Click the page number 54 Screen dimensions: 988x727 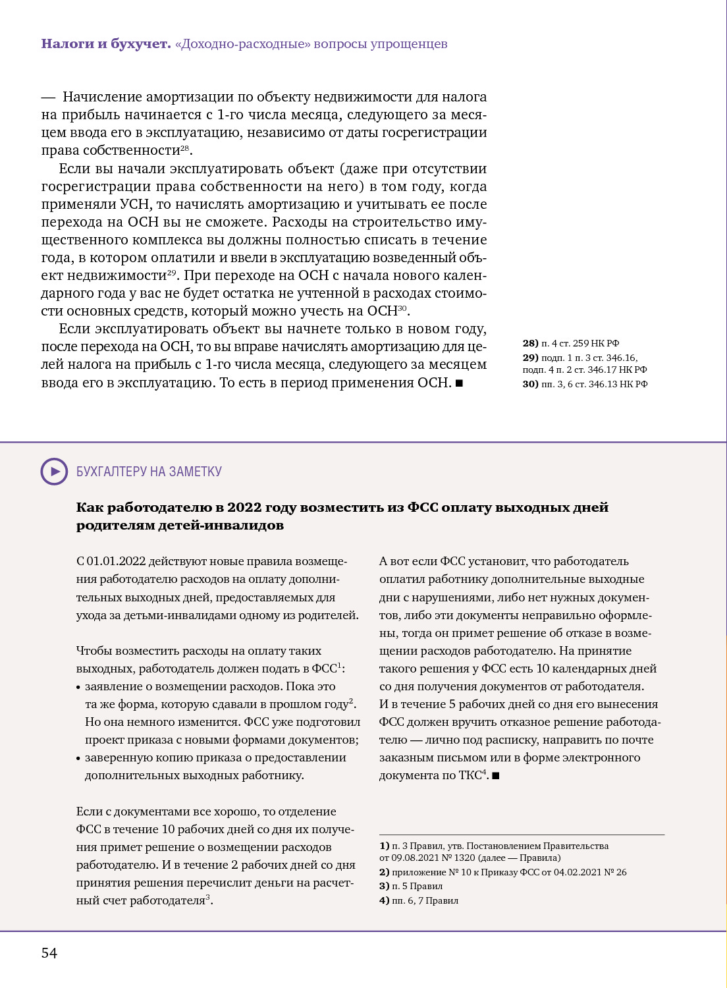[x=49, y=953]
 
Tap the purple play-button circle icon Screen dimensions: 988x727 [x=54, y=472]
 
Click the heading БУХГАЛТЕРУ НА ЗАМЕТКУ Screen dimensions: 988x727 [x=149, y=472]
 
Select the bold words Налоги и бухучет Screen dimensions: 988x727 [x=105, y=44]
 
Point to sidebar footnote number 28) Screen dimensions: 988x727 [x=530, y=343]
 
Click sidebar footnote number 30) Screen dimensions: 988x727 [x=530, y=384]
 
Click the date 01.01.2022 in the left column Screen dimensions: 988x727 [x=116, y=561]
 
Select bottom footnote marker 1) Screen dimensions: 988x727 [x=384, y=846]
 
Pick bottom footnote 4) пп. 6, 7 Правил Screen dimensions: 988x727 [x=419, y=900]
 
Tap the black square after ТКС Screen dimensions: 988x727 [x=496, y=776]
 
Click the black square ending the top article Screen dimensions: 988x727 [x=459, y=383]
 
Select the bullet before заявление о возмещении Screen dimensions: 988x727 [x=79, y=688]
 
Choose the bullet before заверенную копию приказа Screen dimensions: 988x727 [x=79, y=759]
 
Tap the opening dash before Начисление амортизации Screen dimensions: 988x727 [x=48, y=97]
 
